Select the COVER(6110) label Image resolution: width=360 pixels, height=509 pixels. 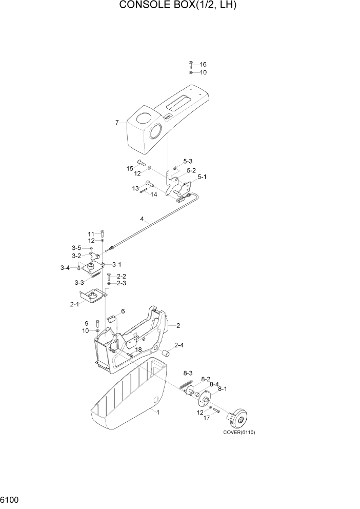tap(238, 432)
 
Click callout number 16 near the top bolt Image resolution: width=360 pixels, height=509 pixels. tap(203, 65)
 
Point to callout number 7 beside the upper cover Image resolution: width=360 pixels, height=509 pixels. tap(117, 123)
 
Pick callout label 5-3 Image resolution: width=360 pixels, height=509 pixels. tap(187, 161)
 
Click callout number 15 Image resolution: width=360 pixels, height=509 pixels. tap(130, 168)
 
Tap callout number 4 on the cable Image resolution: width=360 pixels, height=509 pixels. tap(142, 219)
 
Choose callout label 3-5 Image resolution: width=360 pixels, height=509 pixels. tap(76, 248)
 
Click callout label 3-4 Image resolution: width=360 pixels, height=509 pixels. tap(65, 268)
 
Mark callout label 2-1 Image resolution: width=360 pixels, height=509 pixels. tap(74, 304)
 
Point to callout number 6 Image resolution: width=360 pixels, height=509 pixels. tap(123, 311)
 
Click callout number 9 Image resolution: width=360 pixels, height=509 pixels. tap(88, 323)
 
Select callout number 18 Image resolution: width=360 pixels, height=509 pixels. tap(138, 350)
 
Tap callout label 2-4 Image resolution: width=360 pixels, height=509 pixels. tap(179, 346)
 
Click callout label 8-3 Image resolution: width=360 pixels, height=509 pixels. tap(188, 373)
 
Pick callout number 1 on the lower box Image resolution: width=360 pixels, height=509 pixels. tap(158, 412)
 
